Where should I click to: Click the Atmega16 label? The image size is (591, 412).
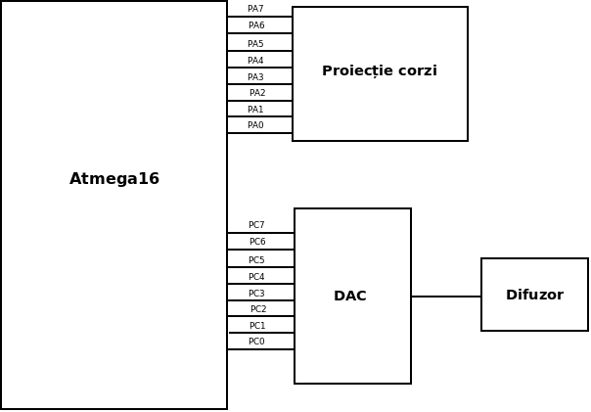[x=114, y=179]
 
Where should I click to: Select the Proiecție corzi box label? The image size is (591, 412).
[x=380, y=71]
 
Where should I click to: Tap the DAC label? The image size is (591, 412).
[x=350, y=296]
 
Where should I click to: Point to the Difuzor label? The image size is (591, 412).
[x=534, y=295]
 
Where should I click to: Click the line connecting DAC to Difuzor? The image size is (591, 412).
[x=446, y=297]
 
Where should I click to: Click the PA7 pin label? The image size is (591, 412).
[x=255, y=9]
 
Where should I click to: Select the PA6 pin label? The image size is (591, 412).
[x=256, y=25]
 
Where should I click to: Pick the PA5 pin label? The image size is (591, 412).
[x=255, y=44]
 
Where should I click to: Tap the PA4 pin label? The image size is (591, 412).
[x=255, y=61]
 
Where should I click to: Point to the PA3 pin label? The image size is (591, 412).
[x=255, y=77]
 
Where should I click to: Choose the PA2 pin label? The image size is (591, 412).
[x=257, y=93]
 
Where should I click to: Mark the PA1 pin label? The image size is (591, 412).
[x=255, y=110]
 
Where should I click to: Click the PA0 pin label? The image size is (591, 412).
[x=255, y=125]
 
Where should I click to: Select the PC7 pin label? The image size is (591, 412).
[x=256, y=225]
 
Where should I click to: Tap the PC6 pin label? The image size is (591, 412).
[x=257, y=242]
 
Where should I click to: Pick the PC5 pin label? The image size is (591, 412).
[x=256, y=260]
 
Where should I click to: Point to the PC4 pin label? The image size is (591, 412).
[x=256, y=277]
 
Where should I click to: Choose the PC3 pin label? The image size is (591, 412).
[x=256, y=294]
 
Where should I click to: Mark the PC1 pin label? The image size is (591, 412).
[x=257, y=326]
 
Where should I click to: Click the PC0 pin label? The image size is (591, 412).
[x=256, y=342]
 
